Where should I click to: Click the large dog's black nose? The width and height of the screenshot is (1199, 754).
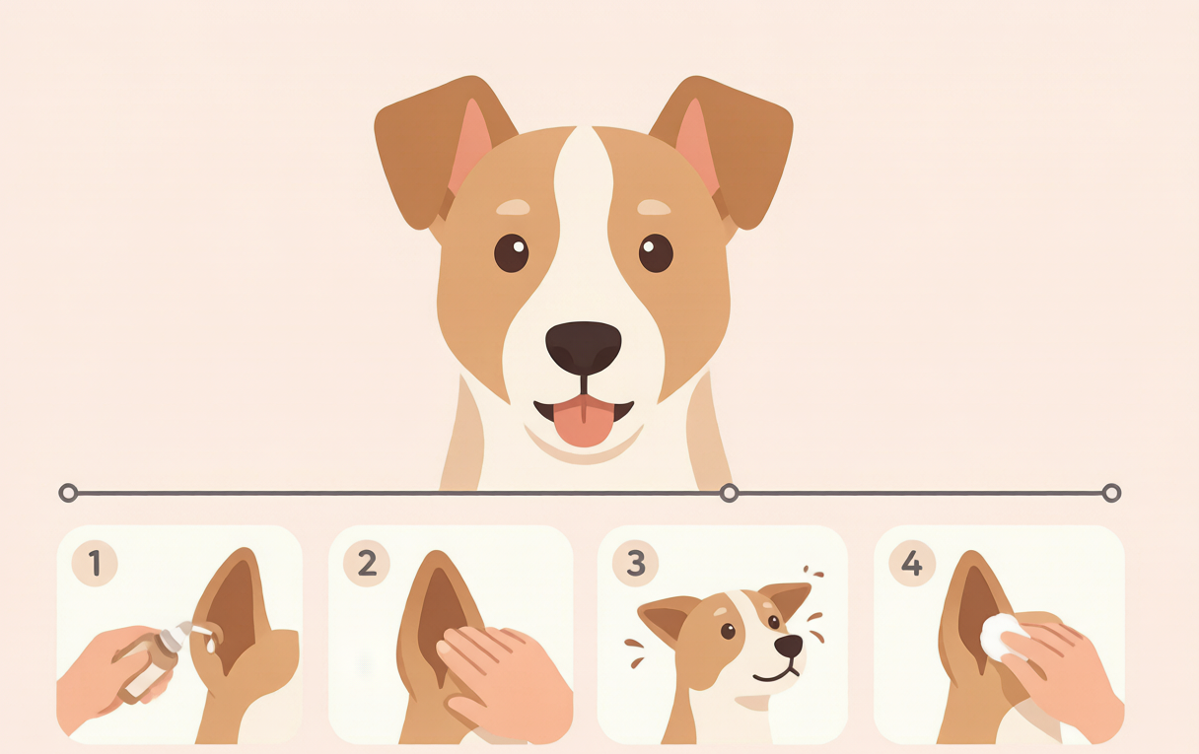(x=584, y=348)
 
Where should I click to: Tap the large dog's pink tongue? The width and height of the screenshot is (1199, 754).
(x=584, y=421)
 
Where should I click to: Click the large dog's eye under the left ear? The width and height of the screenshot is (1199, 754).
(x=511, y=253)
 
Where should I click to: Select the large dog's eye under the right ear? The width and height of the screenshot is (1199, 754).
(x=656, y=253)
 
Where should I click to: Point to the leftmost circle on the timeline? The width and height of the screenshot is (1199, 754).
(x=68, y=493)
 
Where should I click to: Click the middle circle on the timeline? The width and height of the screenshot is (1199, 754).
(x=729, y=493)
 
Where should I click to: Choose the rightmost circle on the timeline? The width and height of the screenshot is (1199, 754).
(x=1112, y=493)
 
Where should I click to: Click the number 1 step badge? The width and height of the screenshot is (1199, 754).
(x=95, y=563)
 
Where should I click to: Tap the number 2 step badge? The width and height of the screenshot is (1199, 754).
(x=367, y=563)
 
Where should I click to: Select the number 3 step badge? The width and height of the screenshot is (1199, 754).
(x=636, y=563)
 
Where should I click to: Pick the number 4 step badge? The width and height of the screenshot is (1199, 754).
(x=912, y=563)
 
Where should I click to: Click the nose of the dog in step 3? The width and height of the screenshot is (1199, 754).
(x=789, y=646)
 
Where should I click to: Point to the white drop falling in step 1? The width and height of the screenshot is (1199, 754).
(x=211, y=646)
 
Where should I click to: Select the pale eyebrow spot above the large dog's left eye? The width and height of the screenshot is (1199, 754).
(x=513, y=207)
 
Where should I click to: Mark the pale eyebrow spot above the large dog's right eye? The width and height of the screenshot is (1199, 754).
(x=654, y=207)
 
